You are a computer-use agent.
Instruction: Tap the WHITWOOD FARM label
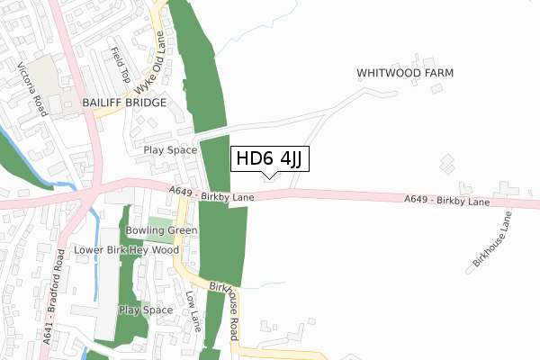(x=404, y=72)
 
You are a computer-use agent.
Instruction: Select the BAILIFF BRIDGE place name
(x=125, y=103)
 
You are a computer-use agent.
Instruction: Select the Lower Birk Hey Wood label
(x=121, y=249)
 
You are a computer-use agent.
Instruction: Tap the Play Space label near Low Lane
(x=145, y=310)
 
